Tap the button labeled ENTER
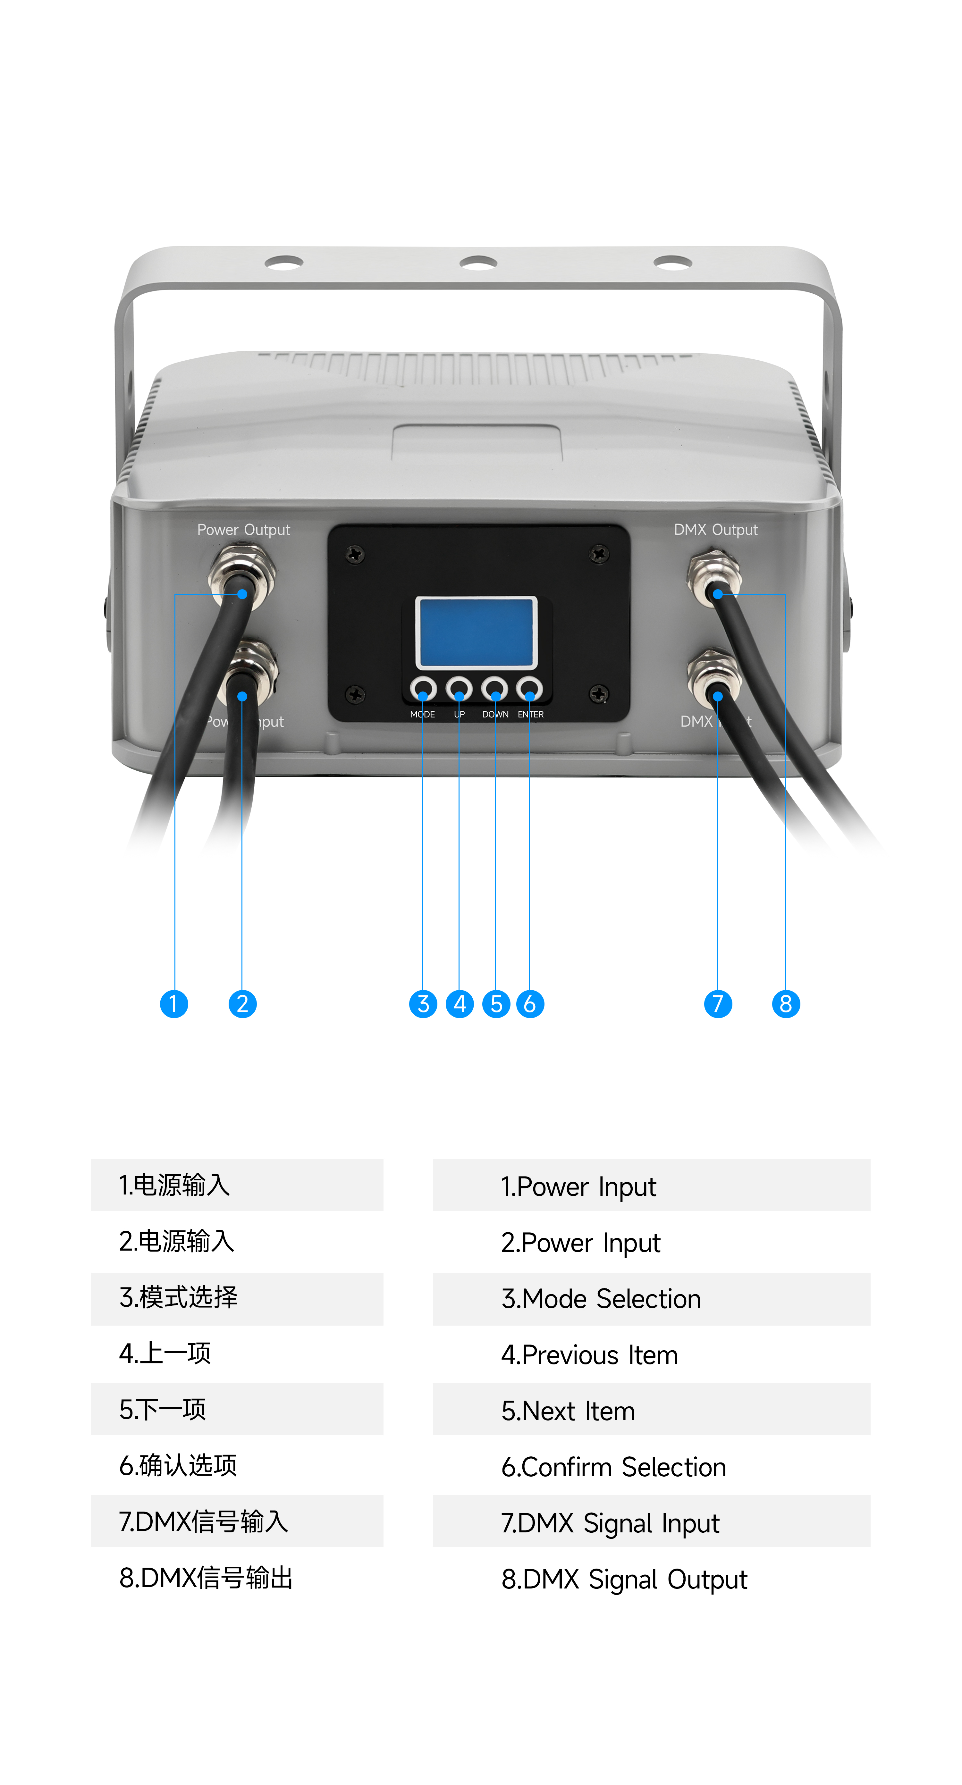pos(529,689)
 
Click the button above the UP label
pos(459,689)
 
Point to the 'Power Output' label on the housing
pos(243,530)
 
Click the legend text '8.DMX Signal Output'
pos(624,1579)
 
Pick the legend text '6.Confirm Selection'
pos(613,1467)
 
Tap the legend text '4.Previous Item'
pos(589,1355)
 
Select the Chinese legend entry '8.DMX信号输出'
pos(206,1578)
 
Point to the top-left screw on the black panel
pos(355,554)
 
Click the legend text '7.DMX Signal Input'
pos(610,1523)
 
